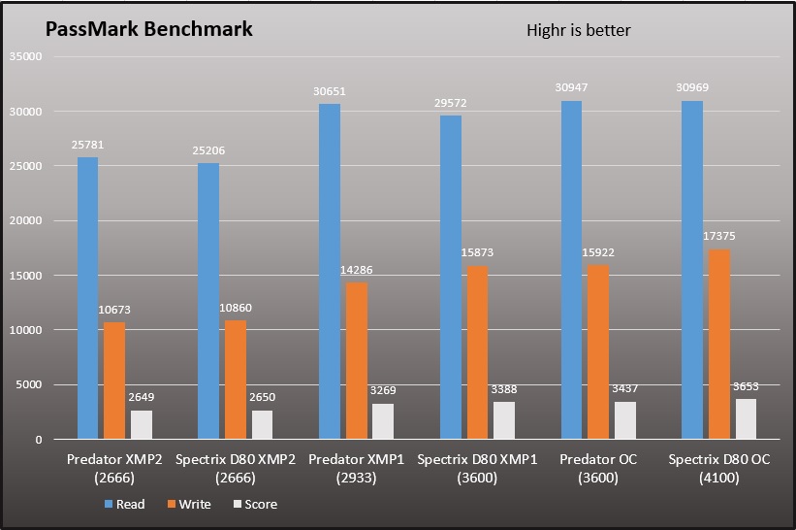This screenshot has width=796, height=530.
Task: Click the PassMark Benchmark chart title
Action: pyautogui.click(x=148, y=29)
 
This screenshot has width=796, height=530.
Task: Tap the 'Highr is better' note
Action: pyautogui.click(x=578, y=30)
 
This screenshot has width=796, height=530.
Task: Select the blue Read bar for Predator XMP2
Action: pyautogui.click(x=87, y=298)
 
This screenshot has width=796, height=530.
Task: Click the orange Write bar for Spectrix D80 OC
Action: pyautogui.click(x=718, y=344)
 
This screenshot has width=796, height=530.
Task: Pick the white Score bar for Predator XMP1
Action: pyautogui.click(x=383, y=421)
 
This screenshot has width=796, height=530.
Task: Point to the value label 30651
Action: pyautogui.click(x=329, y=91)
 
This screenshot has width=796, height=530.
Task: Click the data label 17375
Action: pyautogui.click(x=718, y=236)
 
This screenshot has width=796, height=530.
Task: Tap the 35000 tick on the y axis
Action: pyautogui.click(x=25, y=56)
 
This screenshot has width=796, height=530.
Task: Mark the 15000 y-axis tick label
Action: pyautogui.click(x=25, y=276)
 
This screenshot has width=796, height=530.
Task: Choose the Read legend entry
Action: pyautogui.click(x=124, y=504)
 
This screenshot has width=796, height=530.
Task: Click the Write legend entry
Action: pyautogui.click(x=189, y=504)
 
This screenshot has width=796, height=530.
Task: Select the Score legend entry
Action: pyautogui.click(x=255, y=504)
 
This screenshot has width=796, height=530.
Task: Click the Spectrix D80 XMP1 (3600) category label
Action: pyautogui.click(x=477, y=469)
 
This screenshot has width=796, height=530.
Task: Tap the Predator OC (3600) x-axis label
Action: pyautogui.click(x=598, y=469)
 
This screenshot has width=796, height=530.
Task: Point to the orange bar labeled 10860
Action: pyautogui.click(x=235, y=380)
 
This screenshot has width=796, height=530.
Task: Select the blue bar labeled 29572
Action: pyautogui.click(x=451, y=277)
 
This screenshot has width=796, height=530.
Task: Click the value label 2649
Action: pyautogui.click(x=142, y=397)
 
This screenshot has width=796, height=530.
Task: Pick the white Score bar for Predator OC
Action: pyautogui.click(x=625, y=420)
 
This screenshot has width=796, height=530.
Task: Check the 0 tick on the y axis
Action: pyautogui.click(x=39, y=440)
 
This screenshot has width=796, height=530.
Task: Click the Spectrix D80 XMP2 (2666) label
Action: pyautogui.click(x=235, y=469)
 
